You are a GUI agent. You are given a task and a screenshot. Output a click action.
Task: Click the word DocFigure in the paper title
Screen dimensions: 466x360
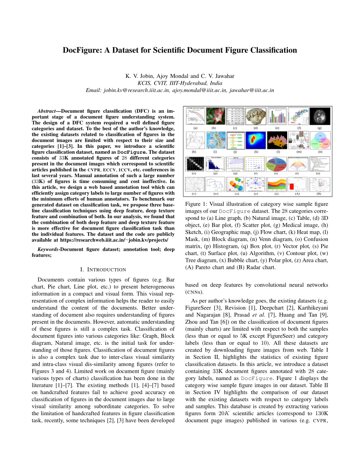coord(84,50)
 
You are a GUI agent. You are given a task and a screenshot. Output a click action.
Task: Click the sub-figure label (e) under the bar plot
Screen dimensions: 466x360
coord(277,128)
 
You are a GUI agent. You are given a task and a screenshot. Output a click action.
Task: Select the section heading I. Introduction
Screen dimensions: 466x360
coord(103,269)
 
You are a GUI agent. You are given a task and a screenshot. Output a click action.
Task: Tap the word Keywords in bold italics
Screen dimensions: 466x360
coord(48,250)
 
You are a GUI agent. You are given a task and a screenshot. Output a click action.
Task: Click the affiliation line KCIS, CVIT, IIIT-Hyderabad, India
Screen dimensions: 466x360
coord(180,83)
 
